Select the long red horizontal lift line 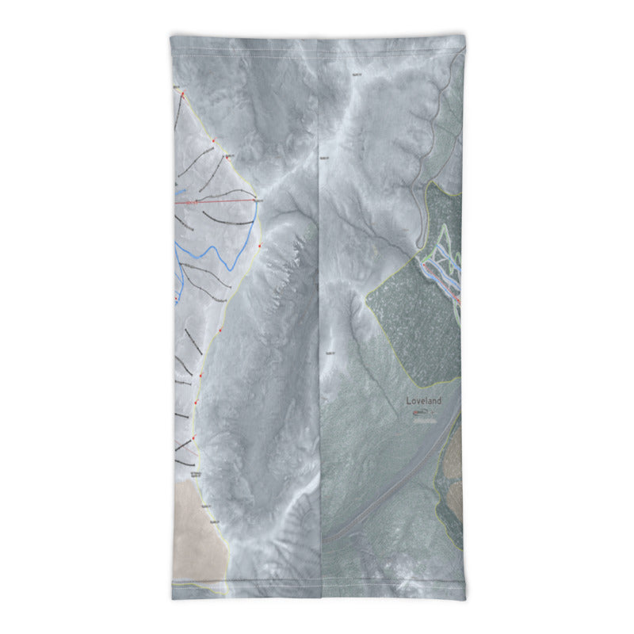[218, 203]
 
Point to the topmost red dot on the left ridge [183, 94]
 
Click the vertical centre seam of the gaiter [319, 317]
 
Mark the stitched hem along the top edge [317, 38]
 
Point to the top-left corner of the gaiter [171, 35]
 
